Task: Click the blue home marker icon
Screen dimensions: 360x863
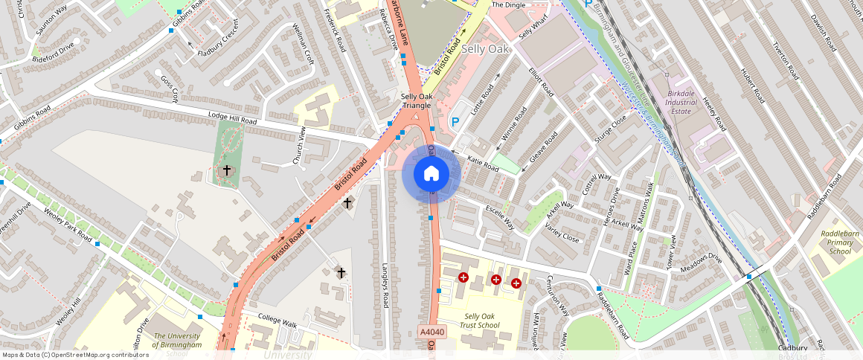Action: [x=431, y=174]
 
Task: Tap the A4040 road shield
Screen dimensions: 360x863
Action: [x=432, y=332]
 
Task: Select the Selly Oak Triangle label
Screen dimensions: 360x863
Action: [x=417, y=101]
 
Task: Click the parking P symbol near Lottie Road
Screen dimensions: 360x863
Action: [x=455, y=121]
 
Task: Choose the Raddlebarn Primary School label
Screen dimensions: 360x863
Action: [x=840, y=242]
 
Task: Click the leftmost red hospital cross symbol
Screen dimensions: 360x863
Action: [x=463, y=277]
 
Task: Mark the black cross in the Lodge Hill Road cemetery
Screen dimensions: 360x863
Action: [x=227, y=170]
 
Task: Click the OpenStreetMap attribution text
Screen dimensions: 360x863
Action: [x=75, y=355]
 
